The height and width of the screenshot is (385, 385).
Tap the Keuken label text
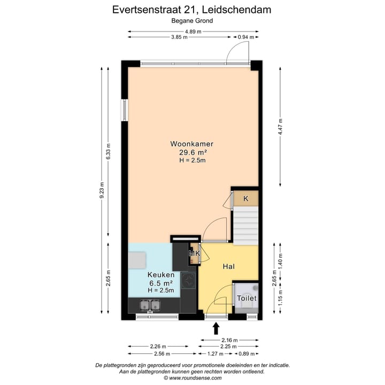pyautogui.click(x=160, y=275)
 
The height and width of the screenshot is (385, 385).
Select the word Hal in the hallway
pyautogui.click(x=229, y=266)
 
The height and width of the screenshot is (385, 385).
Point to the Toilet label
pyautogui.click(x=247, y=298)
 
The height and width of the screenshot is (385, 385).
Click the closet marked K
pyautogui.click(x=245, y=199)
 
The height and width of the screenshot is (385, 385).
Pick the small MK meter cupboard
pyautogui.click(x=194, y=253)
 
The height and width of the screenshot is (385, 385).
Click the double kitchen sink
pyautogui.click(x=150, y=305)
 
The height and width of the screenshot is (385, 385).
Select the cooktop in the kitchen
pyautogui.click(x=188, y=280)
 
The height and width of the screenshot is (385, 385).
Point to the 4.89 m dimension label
pyautogui.click(x=193, y=32)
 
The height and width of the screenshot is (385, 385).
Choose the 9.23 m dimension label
pyautogui.click(x=102, y=190)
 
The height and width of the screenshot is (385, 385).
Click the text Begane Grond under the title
pyautogui.click(x=192, y=21)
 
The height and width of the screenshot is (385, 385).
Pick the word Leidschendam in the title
pyautogui.click(x=237, y=9)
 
